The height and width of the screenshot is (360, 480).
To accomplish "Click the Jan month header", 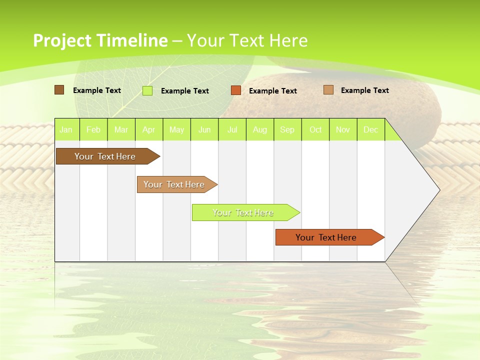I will point(66,129).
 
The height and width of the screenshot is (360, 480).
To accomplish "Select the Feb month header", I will point(93,129).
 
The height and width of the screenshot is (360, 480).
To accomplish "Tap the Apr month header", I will point(149,129).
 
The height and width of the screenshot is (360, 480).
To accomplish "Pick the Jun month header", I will point(204,129).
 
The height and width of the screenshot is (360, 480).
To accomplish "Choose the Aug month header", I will point(260,129).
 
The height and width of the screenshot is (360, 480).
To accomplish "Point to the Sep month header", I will point(287,129).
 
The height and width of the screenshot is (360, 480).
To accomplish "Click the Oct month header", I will point(315,129).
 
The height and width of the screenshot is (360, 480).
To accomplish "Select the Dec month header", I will point(371,129).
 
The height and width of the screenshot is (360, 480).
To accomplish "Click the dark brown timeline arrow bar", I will point(105,156).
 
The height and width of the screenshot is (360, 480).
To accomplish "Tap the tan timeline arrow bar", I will point(174,184).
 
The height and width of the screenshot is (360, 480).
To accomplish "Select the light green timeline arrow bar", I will point(243,212).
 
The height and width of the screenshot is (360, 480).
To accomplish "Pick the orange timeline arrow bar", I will point(326,237).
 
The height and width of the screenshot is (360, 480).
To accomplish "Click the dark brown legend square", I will point(59,90).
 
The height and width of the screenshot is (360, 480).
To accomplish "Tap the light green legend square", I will point(147,90).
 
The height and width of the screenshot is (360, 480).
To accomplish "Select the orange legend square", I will point(236,90).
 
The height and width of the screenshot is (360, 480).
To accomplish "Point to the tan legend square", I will point(328,90).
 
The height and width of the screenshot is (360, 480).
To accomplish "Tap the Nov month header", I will point(343,129).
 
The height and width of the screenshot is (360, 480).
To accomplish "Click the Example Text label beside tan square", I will point(364,90).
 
